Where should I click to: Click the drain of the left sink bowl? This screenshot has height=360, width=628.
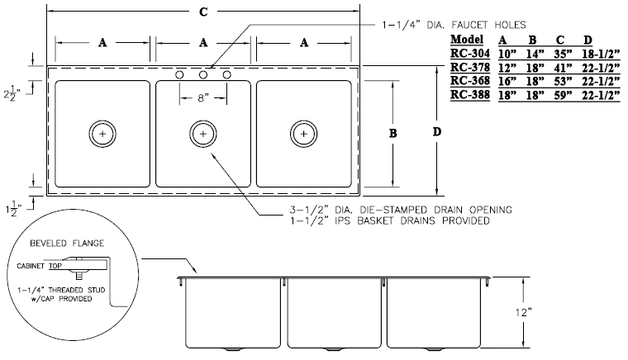[102, 133]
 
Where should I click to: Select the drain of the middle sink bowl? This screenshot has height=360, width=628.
[202, 133]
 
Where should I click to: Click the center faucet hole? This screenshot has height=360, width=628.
[202, 75]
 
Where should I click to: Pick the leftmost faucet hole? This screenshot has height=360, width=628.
[179, 75]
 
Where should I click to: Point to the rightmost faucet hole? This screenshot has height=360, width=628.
[226, 75]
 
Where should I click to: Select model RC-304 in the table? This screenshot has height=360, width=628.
[468, 54]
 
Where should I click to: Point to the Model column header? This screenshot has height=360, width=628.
[468, 40]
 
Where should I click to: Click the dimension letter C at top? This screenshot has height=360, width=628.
[203, 11]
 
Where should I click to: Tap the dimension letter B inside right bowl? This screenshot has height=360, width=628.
[394, 133]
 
